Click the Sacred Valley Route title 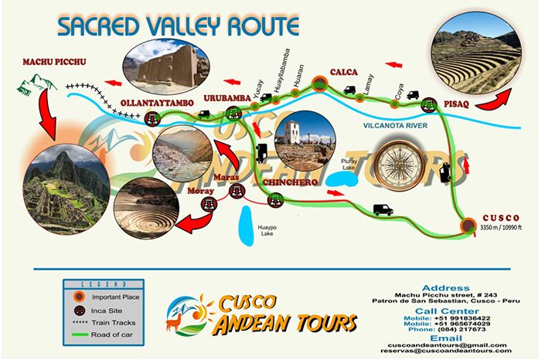[178, 25]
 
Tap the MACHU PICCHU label [54, 62]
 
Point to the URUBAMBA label [227, 98]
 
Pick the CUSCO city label [499, 217]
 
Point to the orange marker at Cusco [468, 226]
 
